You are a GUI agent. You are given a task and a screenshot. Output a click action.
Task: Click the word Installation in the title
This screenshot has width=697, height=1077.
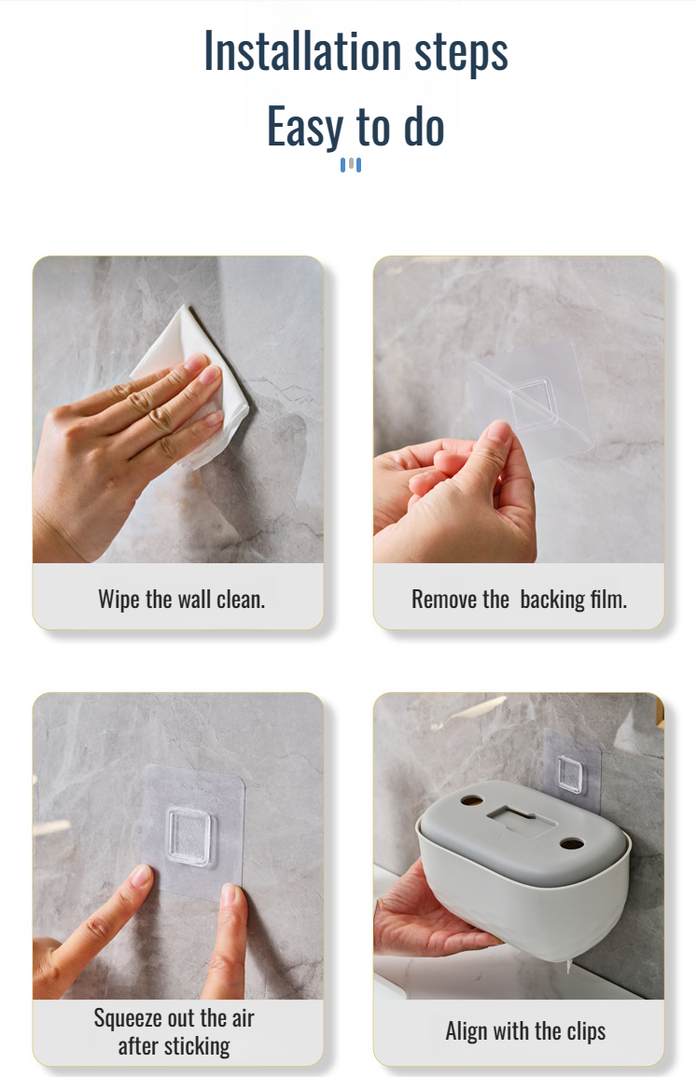[302, 51]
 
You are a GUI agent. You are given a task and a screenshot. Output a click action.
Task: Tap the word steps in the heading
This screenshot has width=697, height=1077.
[461, 53]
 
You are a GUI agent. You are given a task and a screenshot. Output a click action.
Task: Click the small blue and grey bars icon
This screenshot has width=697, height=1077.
[351, 165]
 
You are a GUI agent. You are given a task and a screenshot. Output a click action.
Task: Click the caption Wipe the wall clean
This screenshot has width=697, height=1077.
[181, 600]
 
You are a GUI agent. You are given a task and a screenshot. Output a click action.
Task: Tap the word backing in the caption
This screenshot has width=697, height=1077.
[552, 600]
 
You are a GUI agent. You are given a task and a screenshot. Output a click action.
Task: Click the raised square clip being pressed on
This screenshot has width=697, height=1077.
[189, 835]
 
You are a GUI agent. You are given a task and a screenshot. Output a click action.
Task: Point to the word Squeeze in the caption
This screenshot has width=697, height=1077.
[127, 1018]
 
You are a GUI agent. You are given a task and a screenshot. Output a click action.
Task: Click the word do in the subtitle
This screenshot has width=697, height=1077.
[425, 127]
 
